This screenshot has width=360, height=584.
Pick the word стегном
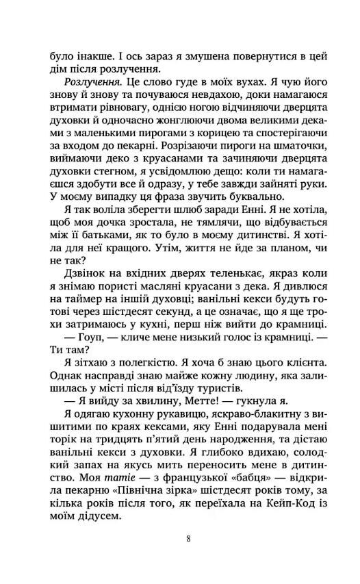coord(102,189)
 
